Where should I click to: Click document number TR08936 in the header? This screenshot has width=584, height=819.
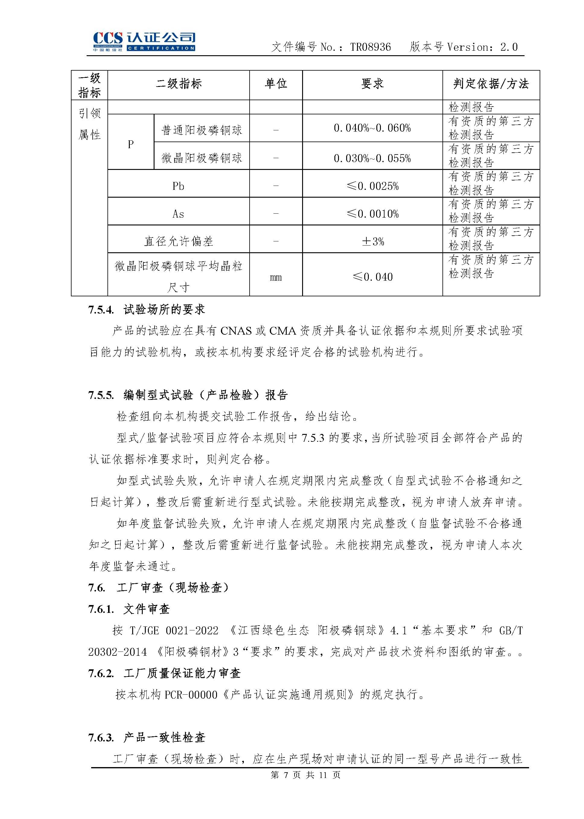point(370,47)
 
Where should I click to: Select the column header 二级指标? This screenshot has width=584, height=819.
point(178,84)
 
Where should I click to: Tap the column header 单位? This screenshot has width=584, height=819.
point(276,84)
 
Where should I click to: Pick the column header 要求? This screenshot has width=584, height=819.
point(372,84)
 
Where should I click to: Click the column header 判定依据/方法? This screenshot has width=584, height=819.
point(491,84)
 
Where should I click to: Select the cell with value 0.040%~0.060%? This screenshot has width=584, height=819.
point(372,128)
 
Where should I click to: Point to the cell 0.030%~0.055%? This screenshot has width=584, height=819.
point(372,158)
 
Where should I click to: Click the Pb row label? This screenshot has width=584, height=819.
point(178,186)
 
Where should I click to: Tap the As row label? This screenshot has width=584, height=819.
point(178,214)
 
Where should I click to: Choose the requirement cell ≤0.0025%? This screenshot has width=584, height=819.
point(372,186)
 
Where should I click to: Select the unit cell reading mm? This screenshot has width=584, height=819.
point(276,277)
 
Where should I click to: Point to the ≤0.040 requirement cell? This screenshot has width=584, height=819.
point(372,277)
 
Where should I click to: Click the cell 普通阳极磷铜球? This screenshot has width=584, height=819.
point(202,130)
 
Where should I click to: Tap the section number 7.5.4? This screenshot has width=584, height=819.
point(101,310)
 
